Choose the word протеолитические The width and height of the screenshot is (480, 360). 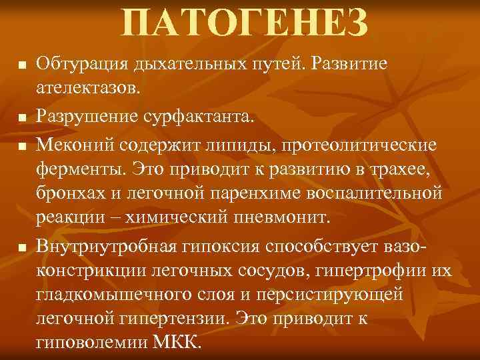[369, 145]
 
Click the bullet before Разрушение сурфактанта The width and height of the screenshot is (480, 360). [21, 118]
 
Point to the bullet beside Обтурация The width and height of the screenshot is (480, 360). [21, 66]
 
